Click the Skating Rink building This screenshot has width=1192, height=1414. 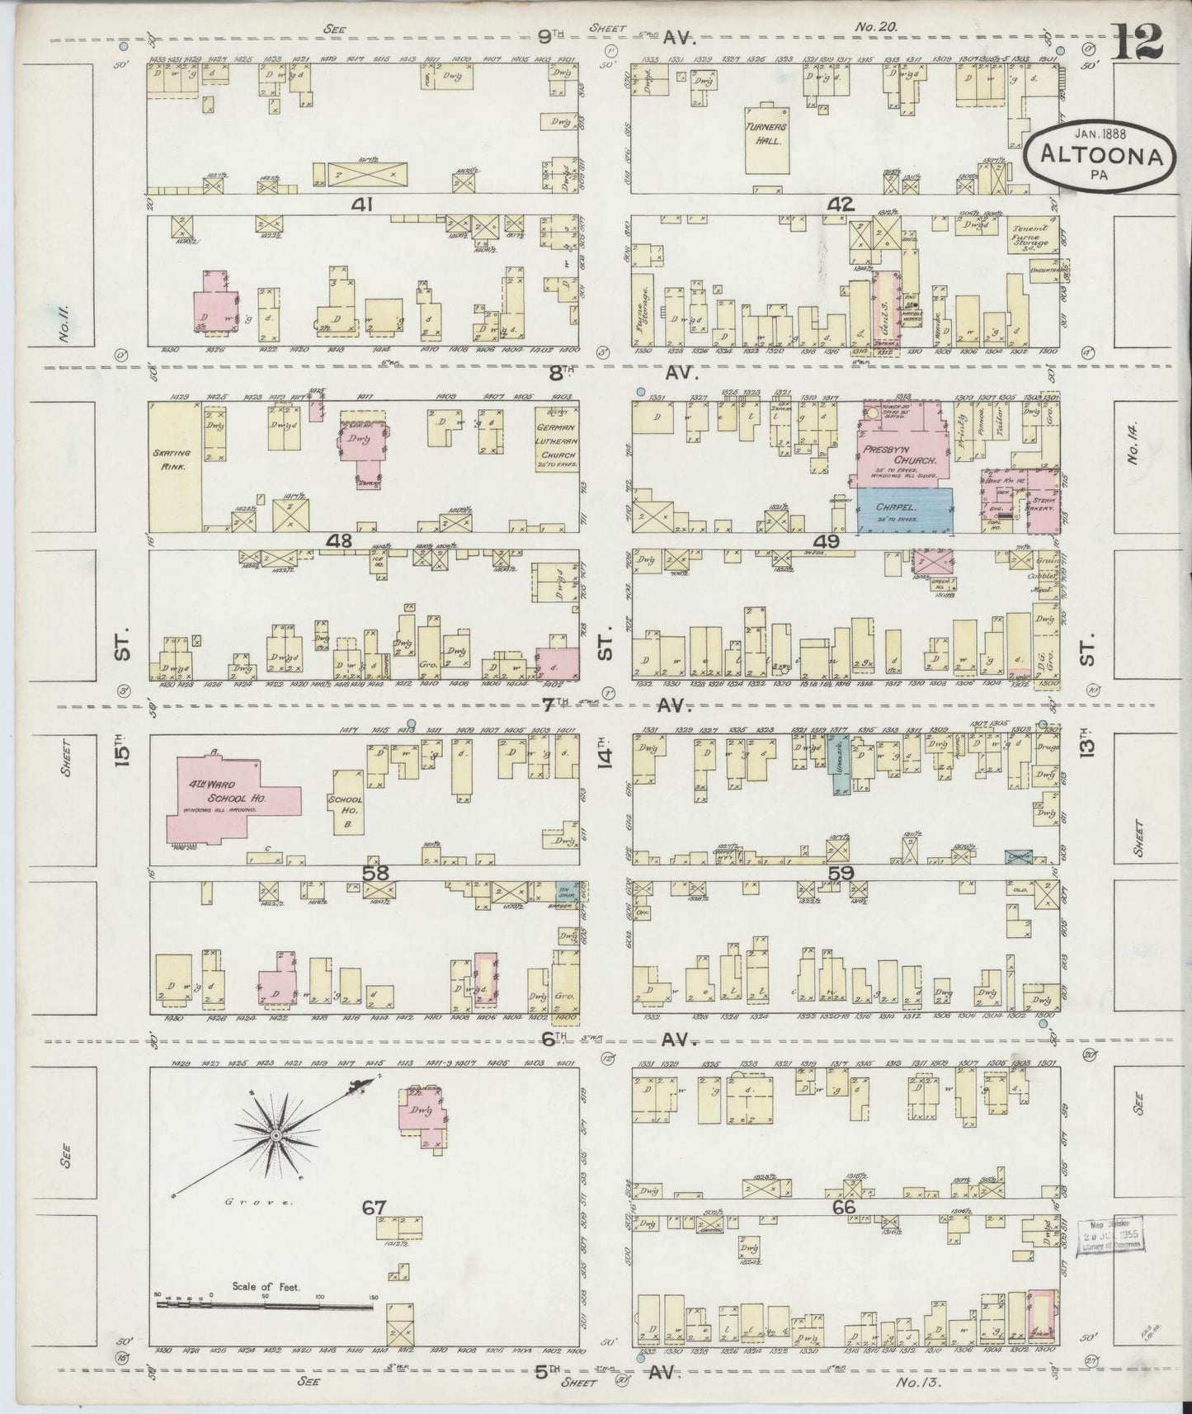click(x=174, y=466)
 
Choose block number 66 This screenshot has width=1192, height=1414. click(x=843, y=1207)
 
